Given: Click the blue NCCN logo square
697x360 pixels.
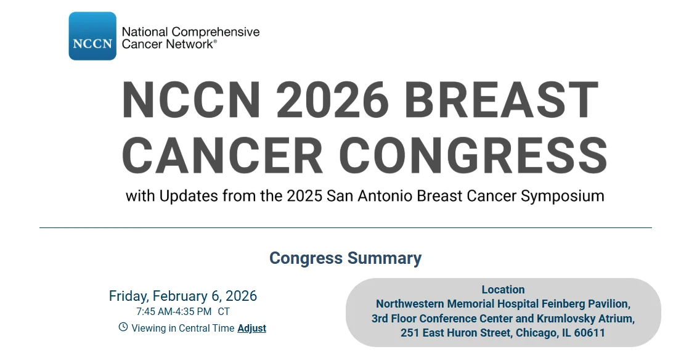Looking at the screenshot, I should point(92,36).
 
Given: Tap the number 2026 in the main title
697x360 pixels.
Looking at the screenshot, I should point(332,100).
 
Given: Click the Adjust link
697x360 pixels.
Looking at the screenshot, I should point(251,329).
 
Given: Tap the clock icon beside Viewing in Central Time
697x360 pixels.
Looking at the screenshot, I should point(123,327).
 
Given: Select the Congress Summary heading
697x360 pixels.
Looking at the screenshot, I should point(345,258).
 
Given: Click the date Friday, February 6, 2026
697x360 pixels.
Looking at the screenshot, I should point(183,296).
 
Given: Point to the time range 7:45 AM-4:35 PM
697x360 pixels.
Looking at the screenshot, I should point(174,312).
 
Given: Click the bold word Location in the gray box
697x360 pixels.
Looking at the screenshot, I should point(503,290).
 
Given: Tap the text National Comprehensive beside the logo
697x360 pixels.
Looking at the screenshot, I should point(190,32).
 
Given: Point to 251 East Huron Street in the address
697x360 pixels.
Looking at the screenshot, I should point(455,333).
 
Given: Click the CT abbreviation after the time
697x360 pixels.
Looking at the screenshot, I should point(224,312).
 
